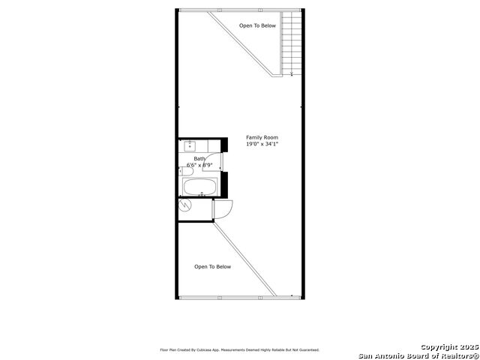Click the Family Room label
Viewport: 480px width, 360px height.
point(262,137)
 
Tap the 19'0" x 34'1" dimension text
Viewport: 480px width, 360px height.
point(262,144)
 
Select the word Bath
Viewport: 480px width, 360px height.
point(199,158)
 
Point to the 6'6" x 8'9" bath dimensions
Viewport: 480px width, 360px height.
point(199,165)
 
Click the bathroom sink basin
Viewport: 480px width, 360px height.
point(190,145)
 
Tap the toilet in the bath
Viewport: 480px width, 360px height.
point(186,172)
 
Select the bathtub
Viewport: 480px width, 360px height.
point(200,187)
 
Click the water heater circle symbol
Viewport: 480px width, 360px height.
point(184,204)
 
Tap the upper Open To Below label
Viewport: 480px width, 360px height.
point(257,25)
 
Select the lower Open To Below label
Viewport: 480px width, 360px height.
point(212,267)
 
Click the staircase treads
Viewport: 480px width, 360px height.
point(292,42)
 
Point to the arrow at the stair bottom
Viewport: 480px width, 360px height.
point(292,73)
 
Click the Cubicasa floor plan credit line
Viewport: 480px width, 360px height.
point(240,349)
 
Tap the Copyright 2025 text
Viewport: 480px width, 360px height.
point(449,346)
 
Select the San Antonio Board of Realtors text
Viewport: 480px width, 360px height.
point(418,355)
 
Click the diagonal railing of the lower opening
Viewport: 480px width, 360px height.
point(244,259)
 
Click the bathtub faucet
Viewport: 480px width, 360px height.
point(202,193)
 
